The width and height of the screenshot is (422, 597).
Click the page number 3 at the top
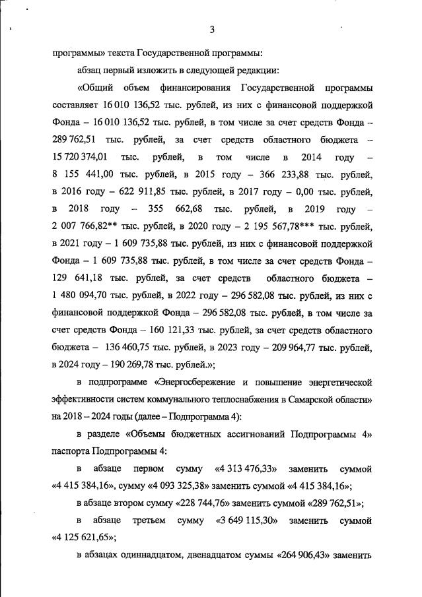(x=212, y=29)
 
